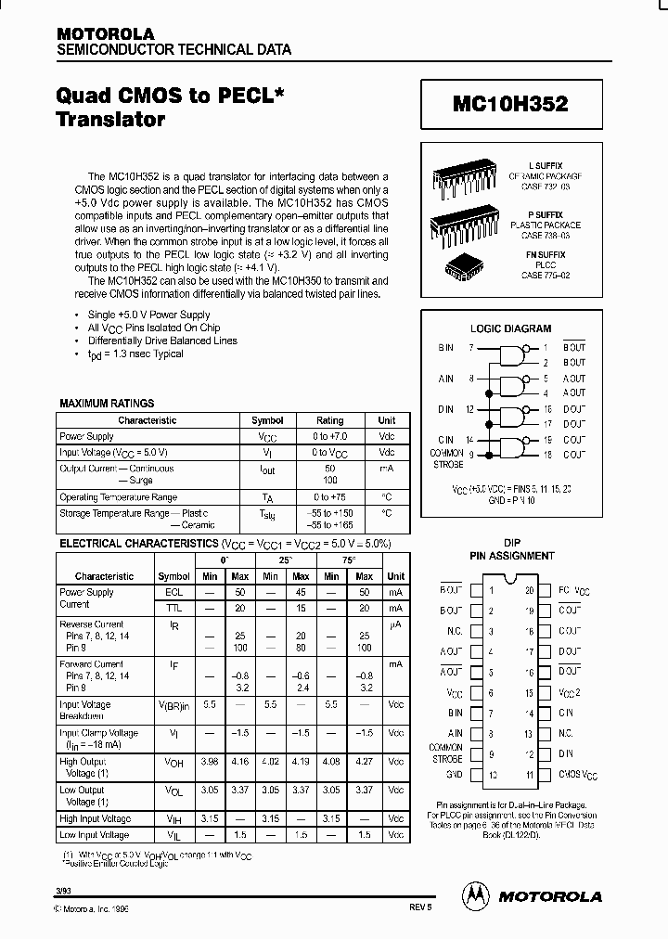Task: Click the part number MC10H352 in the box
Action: click(x=510, y=106)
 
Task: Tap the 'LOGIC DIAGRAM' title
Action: click(x=510, y=328)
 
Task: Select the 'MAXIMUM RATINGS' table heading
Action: click(x=107, y=404)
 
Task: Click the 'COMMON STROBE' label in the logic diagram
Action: click(x=446, y=458)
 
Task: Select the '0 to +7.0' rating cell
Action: click(x=329, y=436)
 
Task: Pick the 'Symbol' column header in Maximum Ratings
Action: click(x=267, y=420)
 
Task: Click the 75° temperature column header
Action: click(x=348, y=561)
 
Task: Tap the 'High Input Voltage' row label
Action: click(x=95, y=819)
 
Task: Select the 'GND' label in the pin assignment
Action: click(x=454, y=774)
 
